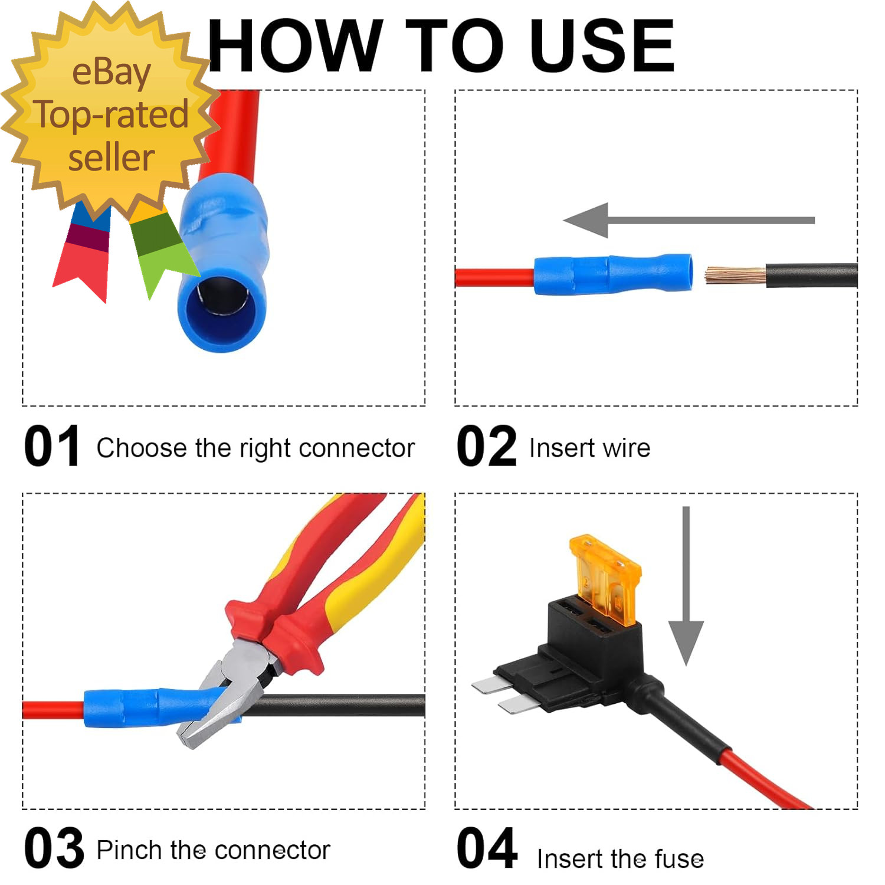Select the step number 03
tap(54, 848)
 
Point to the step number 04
tap(487, 848)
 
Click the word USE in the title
tap(602, 45)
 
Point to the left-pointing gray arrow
tap(689, 220)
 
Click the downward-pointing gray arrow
tap(686, 586)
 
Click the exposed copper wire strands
tap(736, 276)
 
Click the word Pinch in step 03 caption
tap(130, 850)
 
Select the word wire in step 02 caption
tap(626, 448)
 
